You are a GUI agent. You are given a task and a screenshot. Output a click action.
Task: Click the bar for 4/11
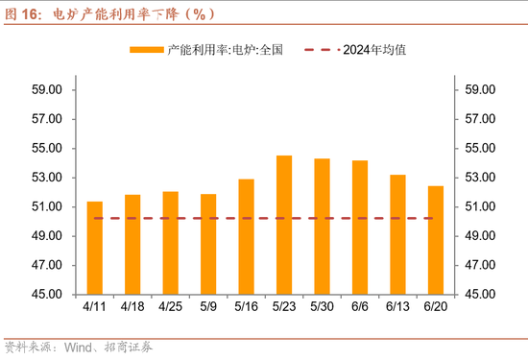[95, 248]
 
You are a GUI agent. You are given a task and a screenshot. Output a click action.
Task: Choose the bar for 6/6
[360, 227]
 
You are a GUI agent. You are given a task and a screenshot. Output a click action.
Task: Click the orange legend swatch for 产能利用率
[146, 50]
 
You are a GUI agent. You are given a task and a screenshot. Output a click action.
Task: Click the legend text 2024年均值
[374, 50]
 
